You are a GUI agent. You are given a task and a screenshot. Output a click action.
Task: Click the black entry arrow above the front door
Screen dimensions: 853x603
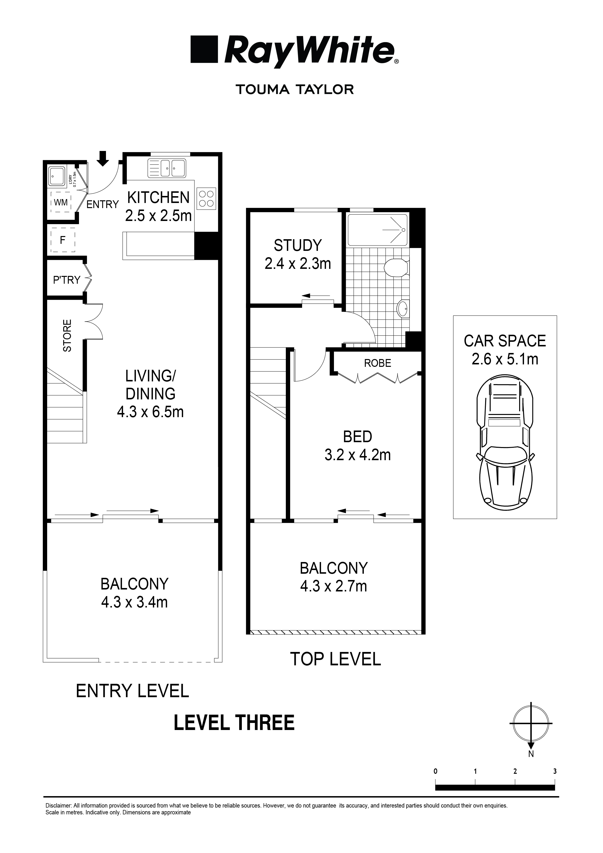click(x=103, y=158)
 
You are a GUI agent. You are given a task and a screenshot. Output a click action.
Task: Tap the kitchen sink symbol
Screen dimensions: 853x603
click(x=166, y=168)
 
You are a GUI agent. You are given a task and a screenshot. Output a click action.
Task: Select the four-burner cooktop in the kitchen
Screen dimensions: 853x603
click(x=206, y=198)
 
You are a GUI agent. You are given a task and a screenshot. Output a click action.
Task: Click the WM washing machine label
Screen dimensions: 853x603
click(x=61, y=202)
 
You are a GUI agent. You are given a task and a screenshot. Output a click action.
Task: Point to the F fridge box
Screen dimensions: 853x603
click(x=63, y=240)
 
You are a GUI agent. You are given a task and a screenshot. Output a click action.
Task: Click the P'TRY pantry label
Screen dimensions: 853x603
click(x=67, y=280)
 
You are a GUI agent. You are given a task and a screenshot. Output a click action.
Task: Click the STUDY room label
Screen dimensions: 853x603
click(x=297, y=246)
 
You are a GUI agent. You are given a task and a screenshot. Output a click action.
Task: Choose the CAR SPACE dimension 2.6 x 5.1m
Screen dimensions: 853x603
click(x=505, y=359)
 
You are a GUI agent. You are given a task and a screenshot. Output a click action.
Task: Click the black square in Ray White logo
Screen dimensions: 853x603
click(x=204, y=49)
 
